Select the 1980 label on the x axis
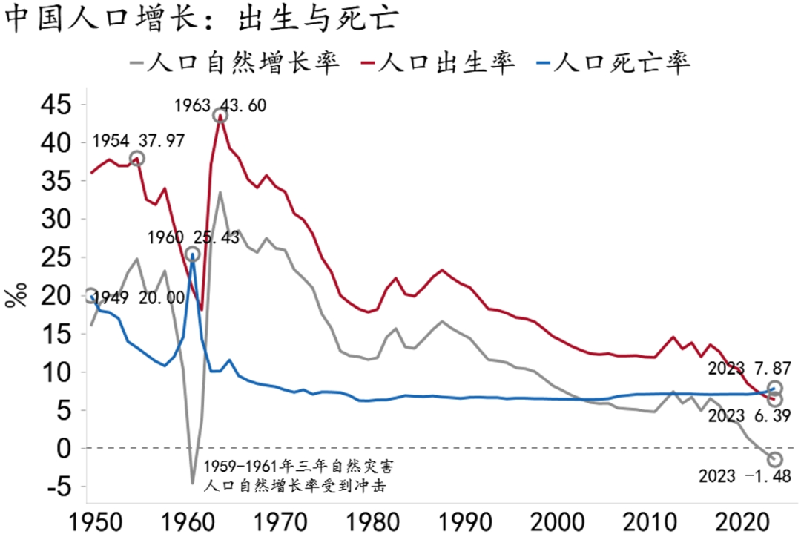pyautogui.click(x=366, y=519)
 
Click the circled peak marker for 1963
pyautogui.click(x=220, y=115)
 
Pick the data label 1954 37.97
pyautogui.click(x=138, y=140)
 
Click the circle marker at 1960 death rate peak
pyautogui.click(x=192, y=254)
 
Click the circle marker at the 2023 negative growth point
pyautogui.click(x=775, y=459)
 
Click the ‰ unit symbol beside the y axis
pyautogui.click(x=14, y=295)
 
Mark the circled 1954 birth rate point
pyautogui.click(x=136, y=158)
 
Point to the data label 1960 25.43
pyautogui.click(x=193, y=239)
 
